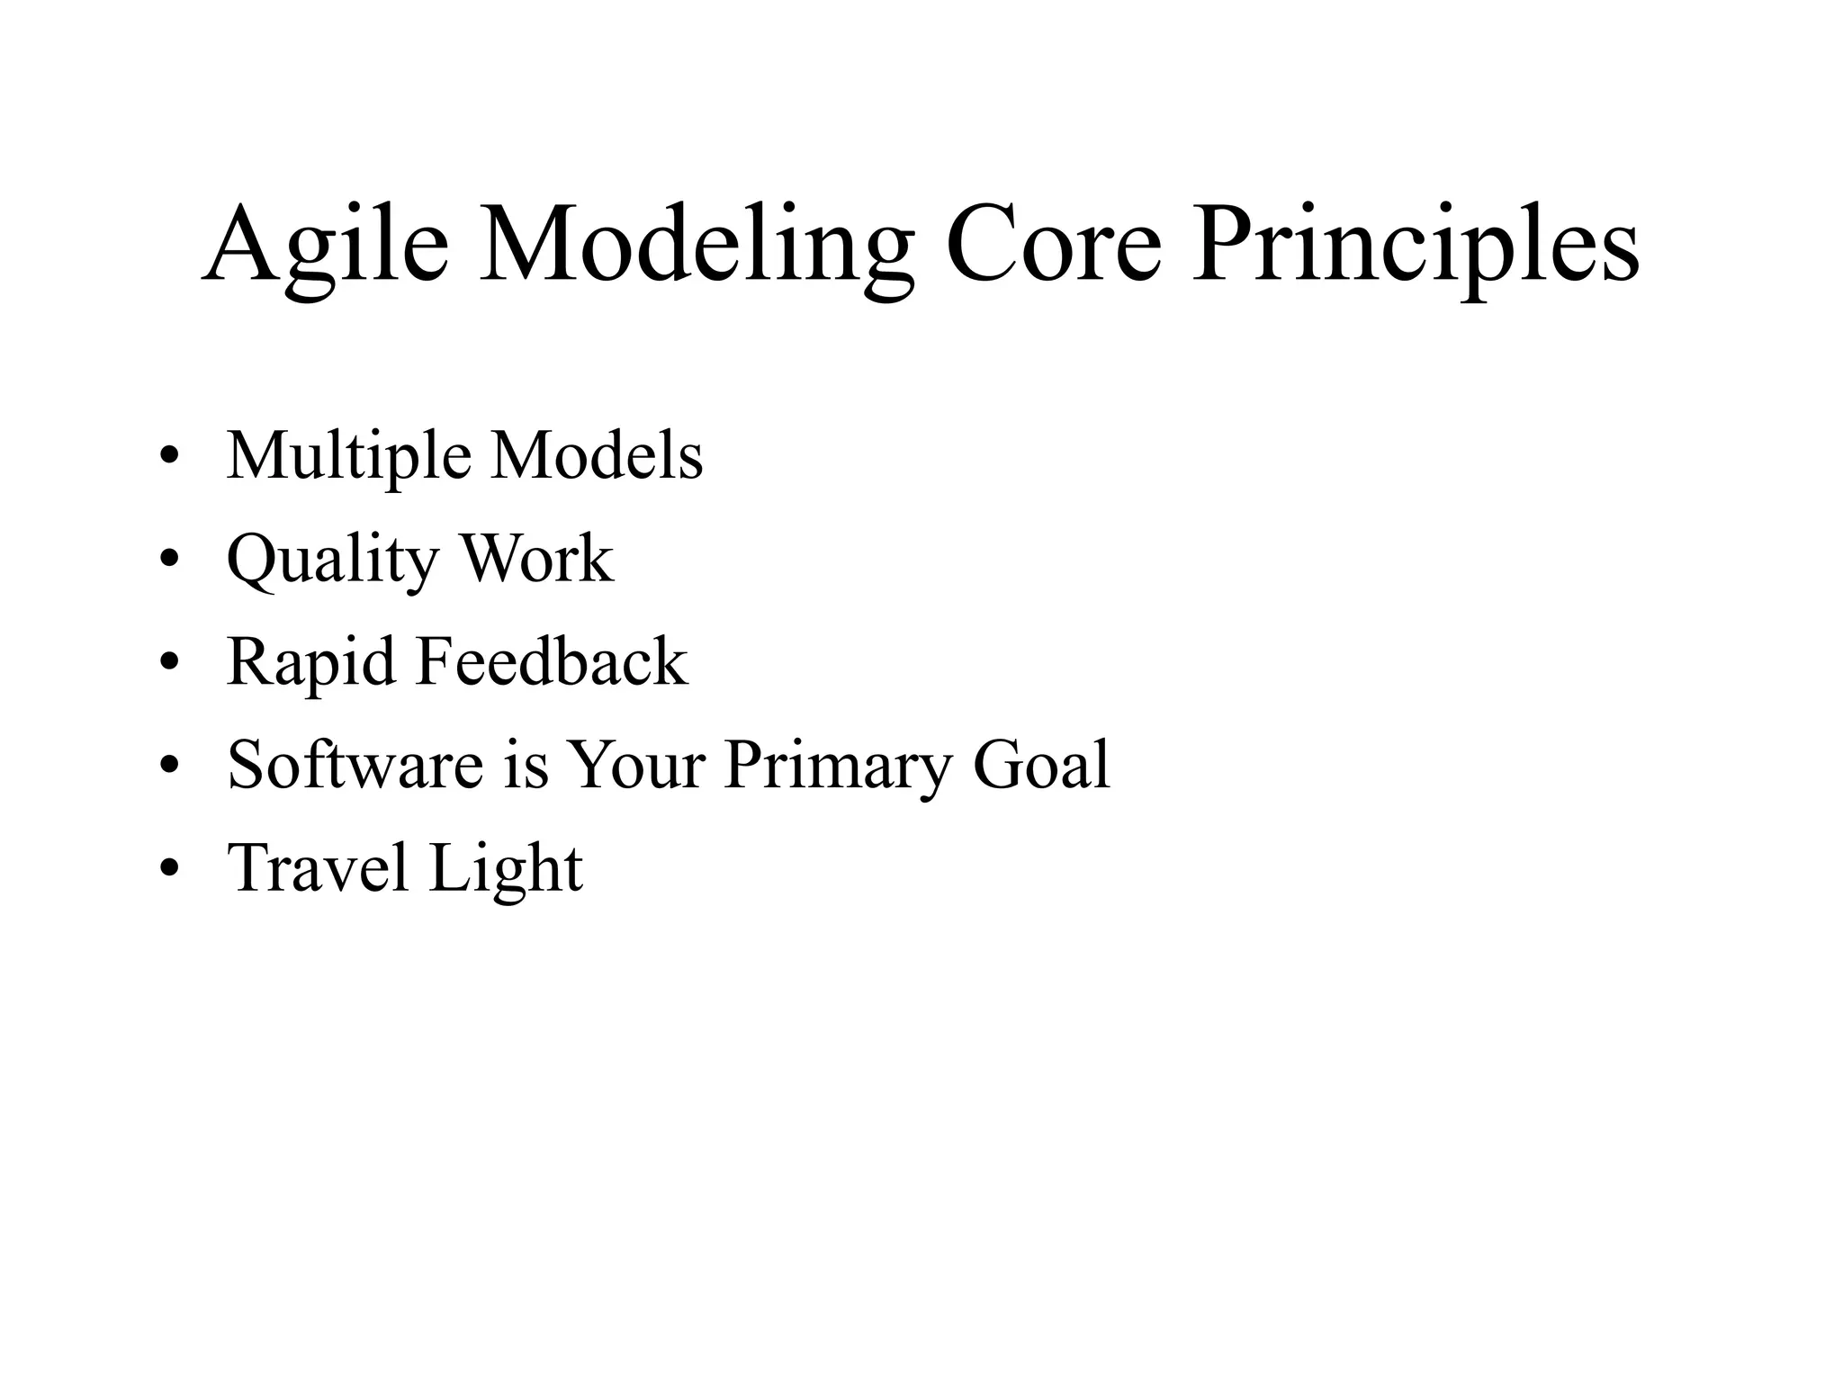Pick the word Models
point(597,455)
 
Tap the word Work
point(537,559)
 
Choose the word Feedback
point(552,662)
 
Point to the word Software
point(355,765)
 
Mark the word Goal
point(1042,765)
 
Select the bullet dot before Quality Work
point(168,561)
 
